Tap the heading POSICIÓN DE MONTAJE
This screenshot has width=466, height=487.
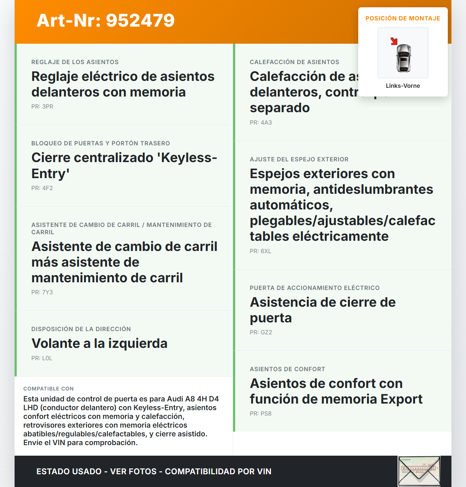coord(403,19)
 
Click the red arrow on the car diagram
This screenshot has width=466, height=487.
coord(394,41)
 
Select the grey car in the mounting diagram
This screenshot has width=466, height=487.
coord(403,58)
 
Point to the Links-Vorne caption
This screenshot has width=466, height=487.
coord(403,86)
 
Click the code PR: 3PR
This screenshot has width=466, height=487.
coord(42,107)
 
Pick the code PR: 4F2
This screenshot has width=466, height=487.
coord(42,188)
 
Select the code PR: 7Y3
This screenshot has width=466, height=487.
coord(42,292)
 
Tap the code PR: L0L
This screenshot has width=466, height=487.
coord(42,358)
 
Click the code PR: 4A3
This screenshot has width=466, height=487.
coord(261,123)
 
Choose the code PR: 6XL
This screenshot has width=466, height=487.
coord(260,251)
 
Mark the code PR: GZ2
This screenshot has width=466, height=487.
coord(261,333)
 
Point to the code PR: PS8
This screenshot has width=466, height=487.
coord(260,414)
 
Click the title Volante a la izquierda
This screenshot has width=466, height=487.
coord(99,343)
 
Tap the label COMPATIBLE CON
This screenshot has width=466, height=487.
coord(48,389)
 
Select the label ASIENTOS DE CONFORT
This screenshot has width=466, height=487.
coord(287,369)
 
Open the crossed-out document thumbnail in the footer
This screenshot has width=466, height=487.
coord(419,471)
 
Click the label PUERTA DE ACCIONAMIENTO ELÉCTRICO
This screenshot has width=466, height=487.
coord(315,288)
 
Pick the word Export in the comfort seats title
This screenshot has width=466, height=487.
coord(402,399)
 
